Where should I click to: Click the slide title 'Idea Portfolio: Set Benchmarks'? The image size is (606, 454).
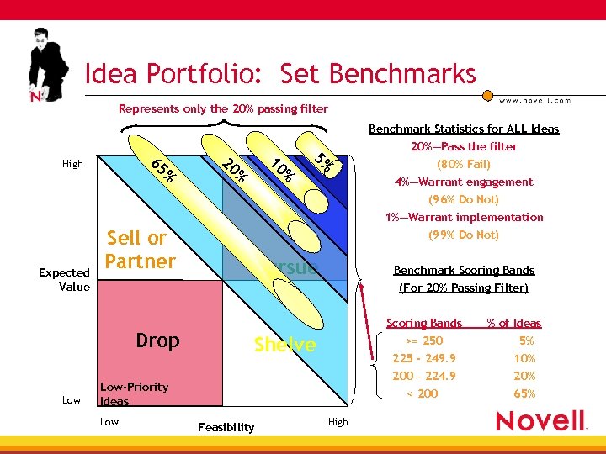point(280,74)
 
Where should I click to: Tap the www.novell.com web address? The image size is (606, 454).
point(534,100)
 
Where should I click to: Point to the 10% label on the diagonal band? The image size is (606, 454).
point(282,169)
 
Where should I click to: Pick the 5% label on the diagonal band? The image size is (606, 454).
point(327,161)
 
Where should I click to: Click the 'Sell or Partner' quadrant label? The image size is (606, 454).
point(140,250)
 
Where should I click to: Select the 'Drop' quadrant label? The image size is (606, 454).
point(157,340)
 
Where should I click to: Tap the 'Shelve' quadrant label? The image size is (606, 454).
point(285,345)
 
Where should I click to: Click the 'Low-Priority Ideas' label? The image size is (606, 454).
point(134,393)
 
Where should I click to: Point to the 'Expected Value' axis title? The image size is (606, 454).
point(64,279)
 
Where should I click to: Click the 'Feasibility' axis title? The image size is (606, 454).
point(226,427)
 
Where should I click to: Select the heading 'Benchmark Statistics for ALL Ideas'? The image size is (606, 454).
point(464,129)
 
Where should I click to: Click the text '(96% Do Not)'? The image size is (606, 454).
point(463,199)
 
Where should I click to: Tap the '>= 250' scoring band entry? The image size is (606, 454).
point(423,340)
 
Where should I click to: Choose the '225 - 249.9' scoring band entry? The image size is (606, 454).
point(423,358)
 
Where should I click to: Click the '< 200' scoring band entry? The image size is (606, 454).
point(423,393)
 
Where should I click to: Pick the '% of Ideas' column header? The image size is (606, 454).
point(514,323)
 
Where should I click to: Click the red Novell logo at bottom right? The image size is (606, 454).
point(541,420)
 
